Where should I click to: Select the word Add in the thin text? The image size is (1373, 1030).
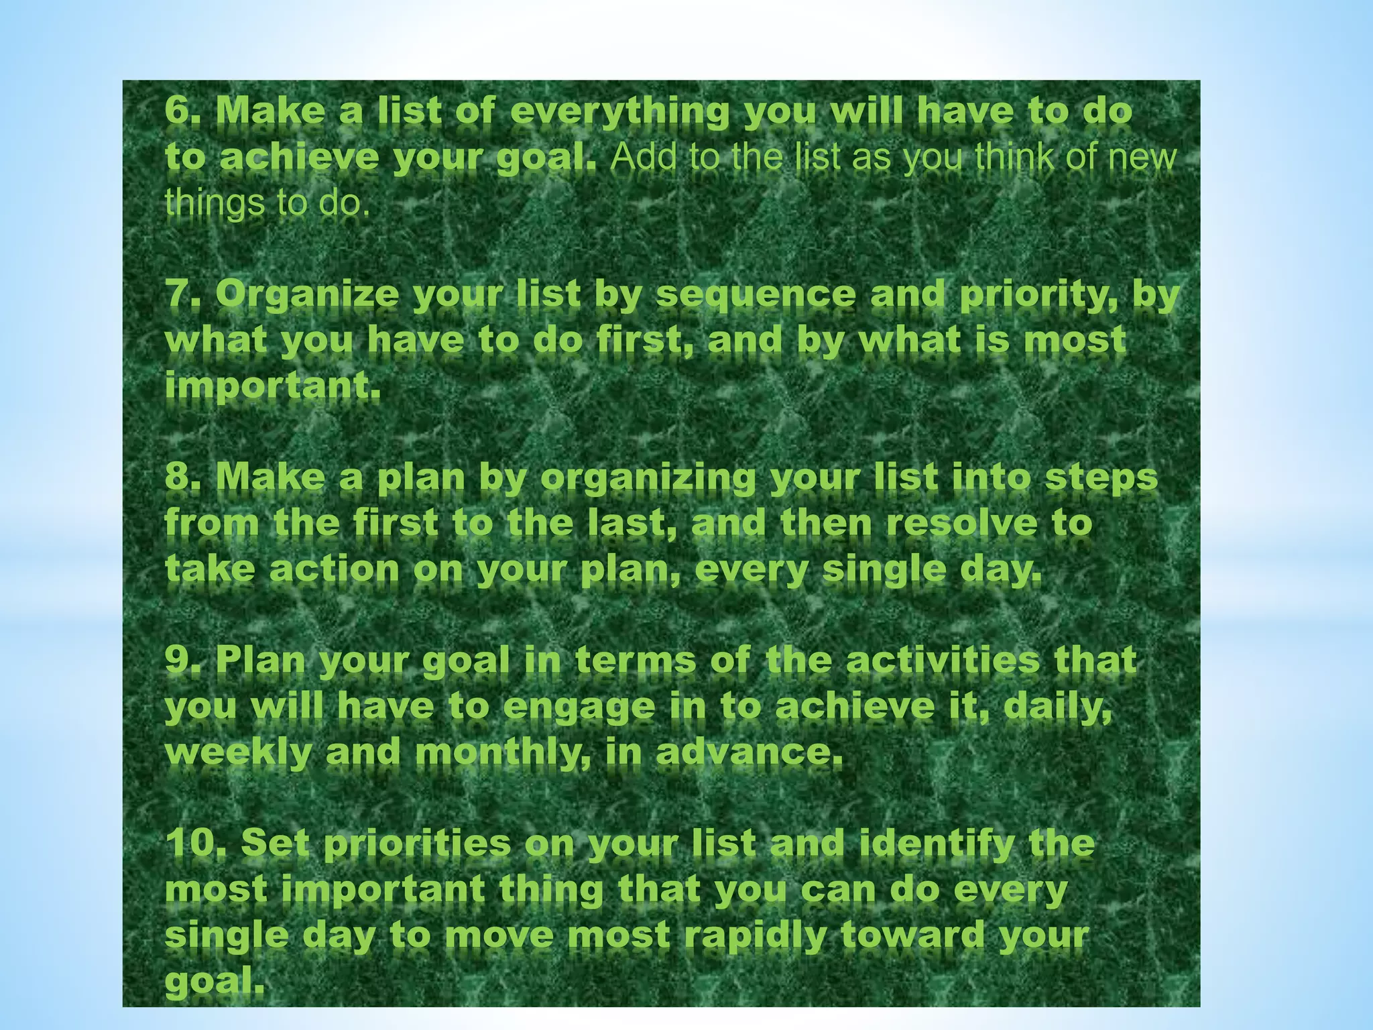[x=641, y=158]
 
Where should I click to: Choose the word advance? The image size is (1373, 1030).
[x=748, y=752]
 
